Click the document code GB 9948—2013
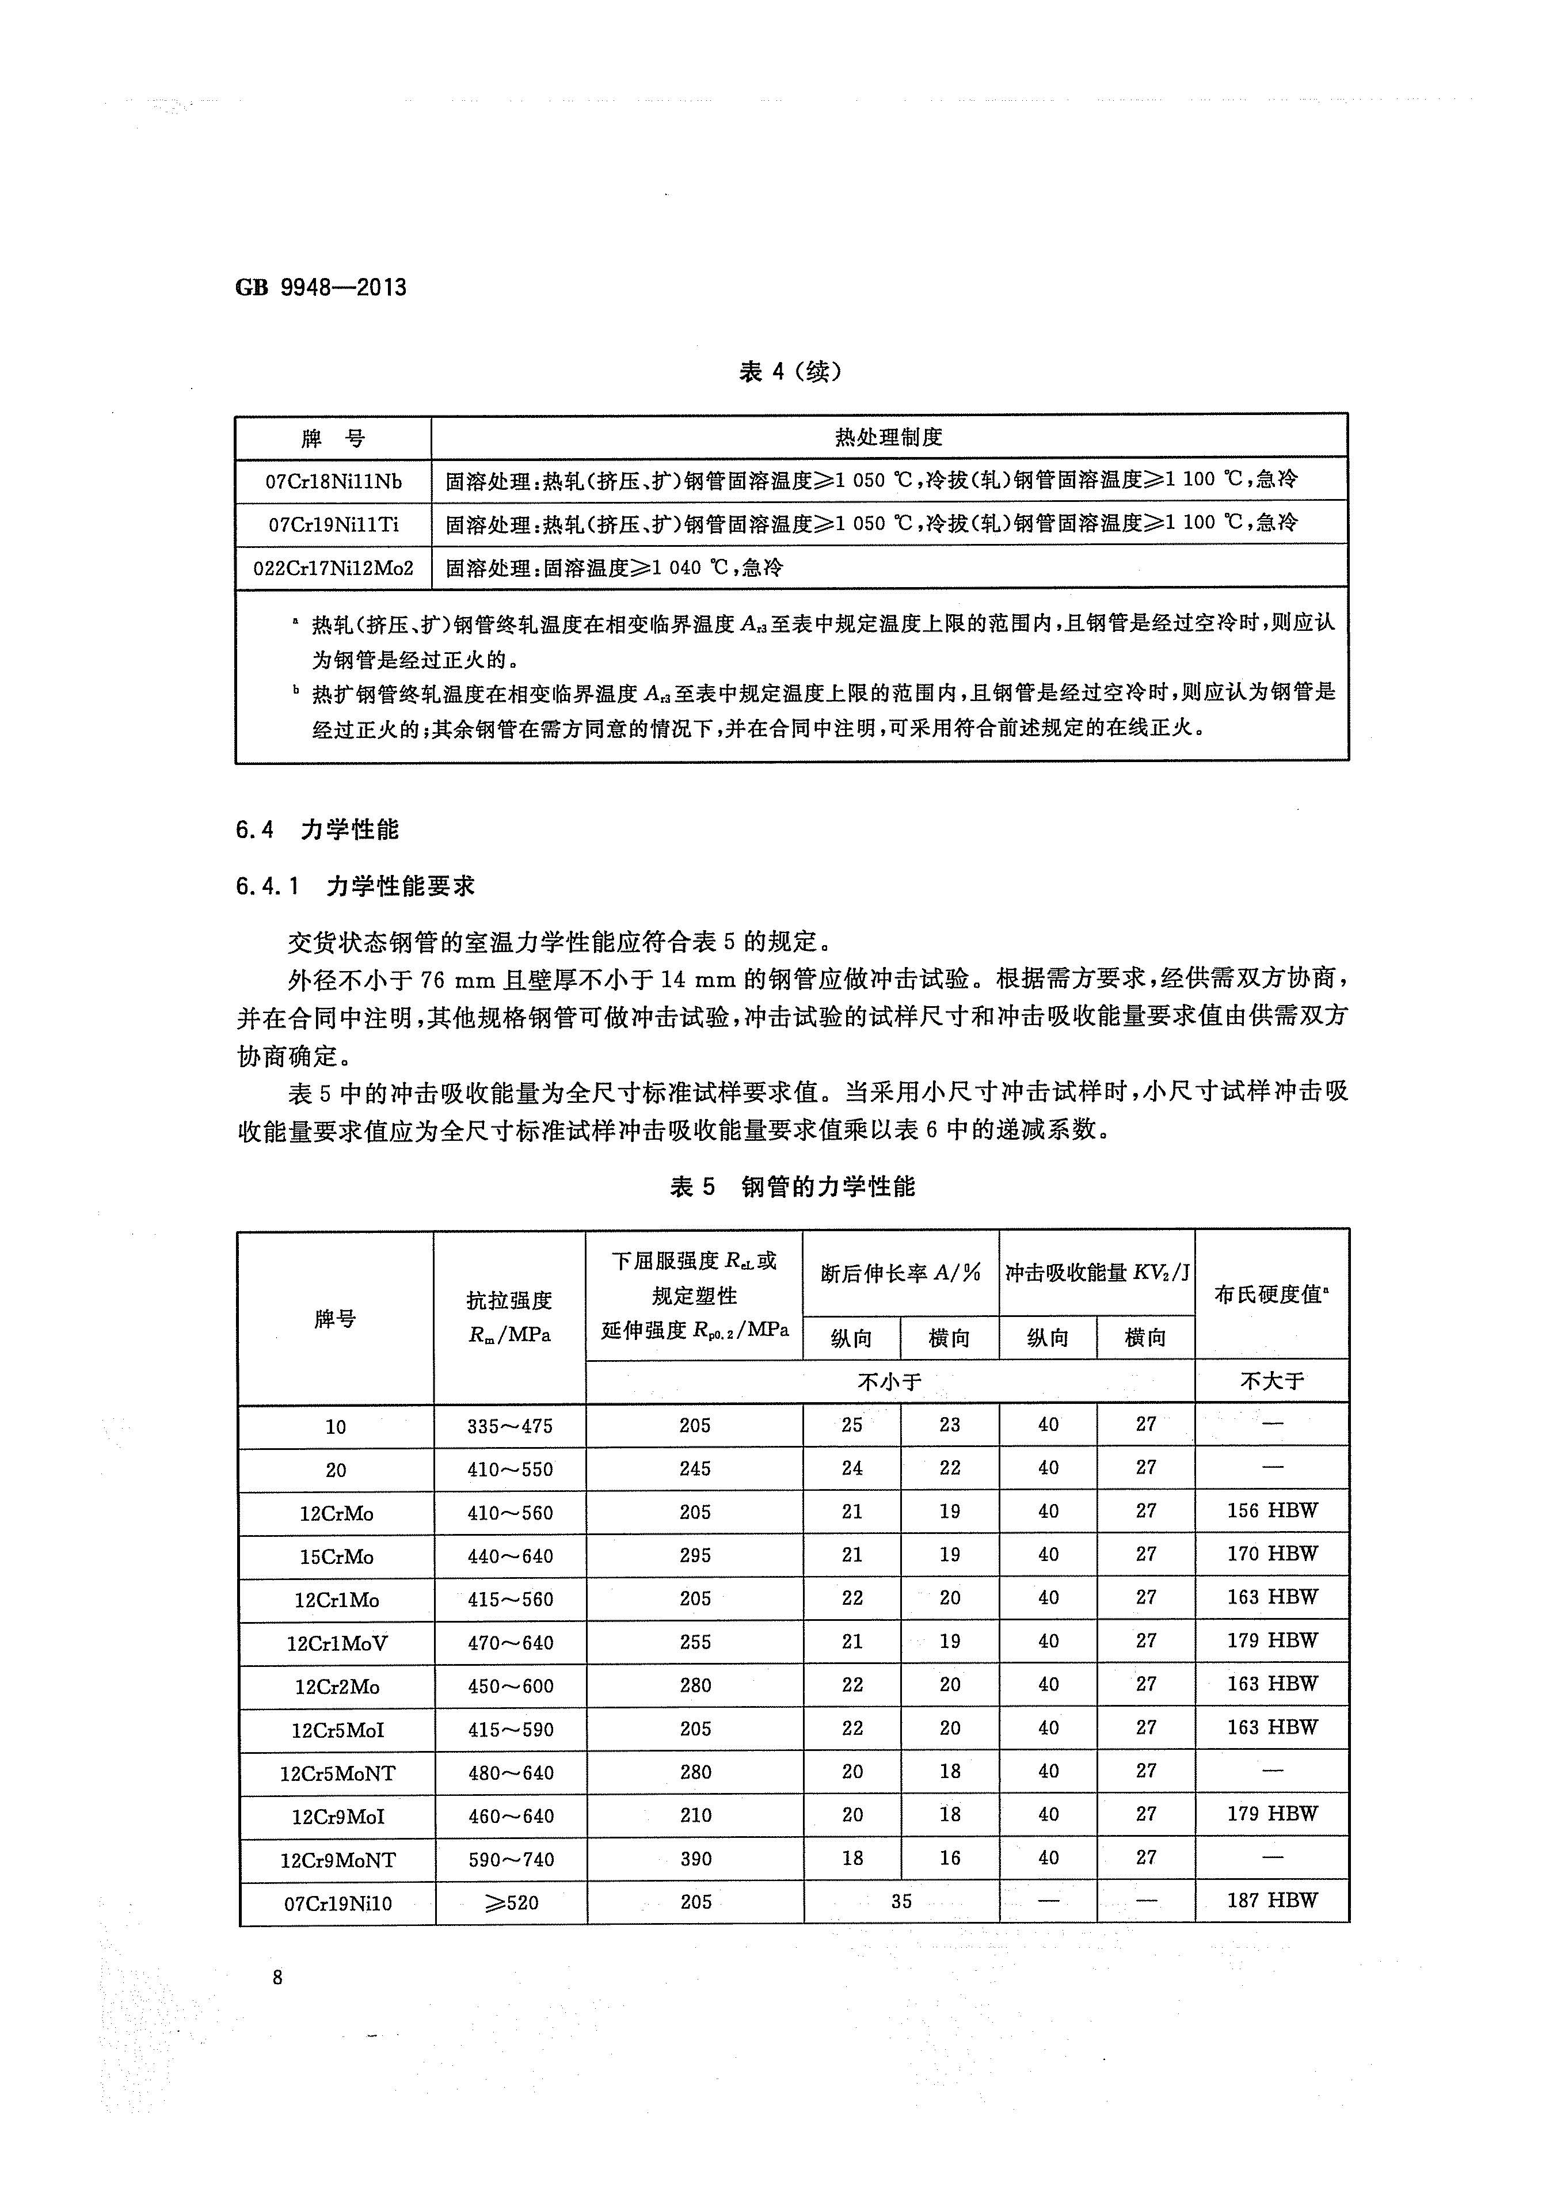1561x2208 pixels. tap(321, 288)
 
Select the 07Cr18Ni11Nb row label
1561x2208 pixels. tap(334, 481)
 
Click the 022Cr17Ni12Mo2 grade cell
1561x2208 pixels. tap(334, 568)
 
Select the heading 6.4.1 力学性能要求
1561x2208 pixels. tap(355, 886)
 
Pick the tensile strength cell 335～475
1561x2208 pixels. tap(510, 1426)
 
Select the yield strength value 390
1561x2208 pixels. tap(695, 1859)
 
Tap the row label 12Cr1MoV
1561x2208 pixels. tap(337, 1643)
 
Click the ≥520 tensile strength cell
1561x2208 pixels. tap(510, 1902)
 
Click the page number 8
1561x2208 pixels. tap(278, 1977)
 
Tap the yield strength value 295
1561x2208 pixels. tap(695, 1555)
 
